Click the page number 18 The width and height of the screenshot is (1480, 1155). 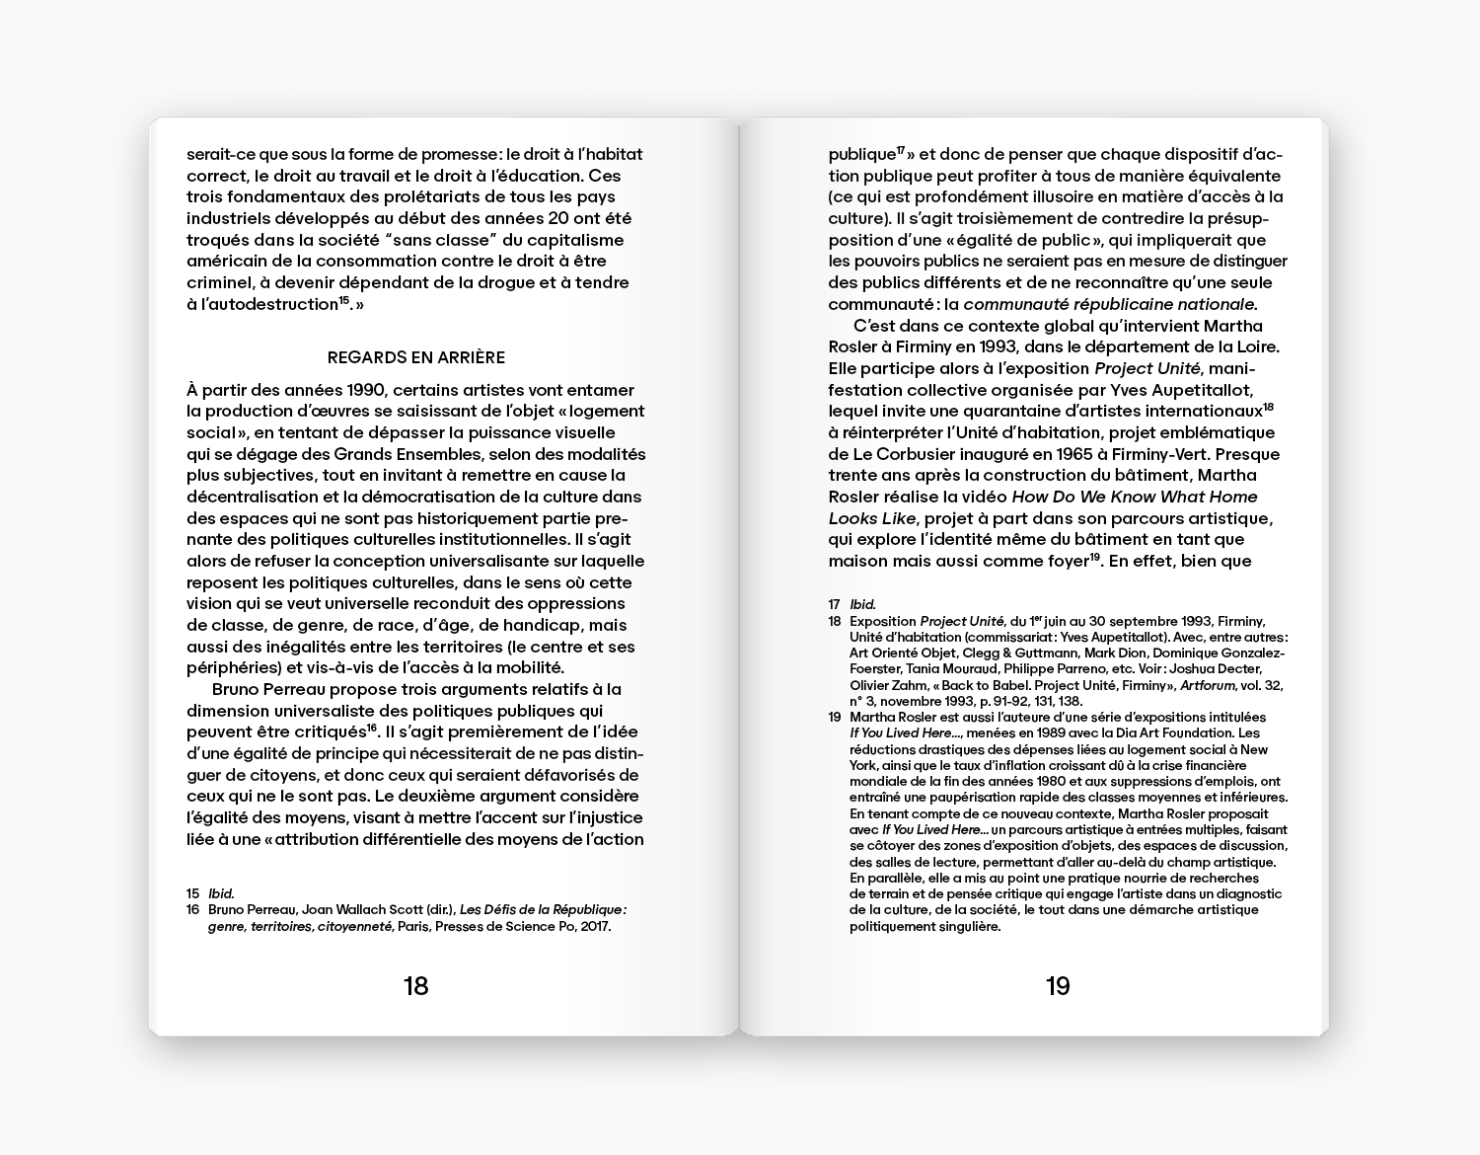(415, 985)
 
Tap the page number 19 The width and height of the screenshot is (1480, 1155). (1057, 985)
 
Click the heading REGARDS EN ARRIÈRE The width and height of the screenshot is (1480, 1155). (415, 357)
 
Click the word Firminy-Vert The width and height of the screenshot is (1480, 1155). (1148, 454)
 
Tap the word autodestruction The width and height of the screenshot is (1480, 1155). (269, 304)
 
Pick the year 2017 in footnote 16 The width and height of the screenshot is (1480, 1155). (595, 926)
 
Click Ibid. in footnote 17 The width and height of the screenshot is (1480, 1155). (862, 604)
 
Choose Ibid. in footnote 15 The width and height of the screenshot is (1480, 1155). (221, 893)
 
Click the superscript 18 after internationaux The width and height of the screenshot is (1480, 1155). (1269, 407)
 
